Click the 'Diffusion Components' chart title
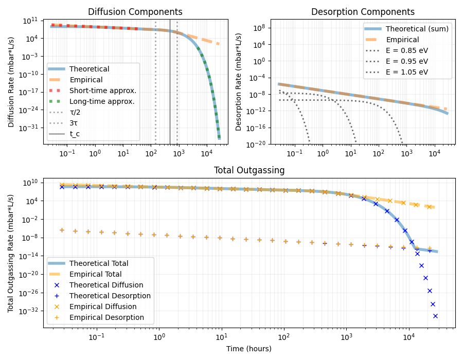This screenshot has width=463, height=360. tap(135, 12)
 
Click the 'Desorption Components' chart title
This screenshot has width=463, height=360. tap(363, 12)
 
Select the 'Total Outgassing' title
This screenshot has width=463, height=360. tap(249, 170)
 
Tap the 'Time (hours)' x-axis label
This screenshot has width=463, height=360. tap(249, 349)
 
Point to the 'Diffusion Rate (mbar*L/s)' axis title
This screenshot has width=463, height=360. tap(11, 80)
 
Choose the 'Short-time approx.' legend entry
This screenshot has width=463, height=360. tap(103, 91)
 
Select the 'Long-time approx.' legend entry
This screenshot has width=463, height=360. tap(102, 101)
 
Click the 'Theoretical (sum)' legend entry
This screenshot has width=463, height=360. tap(417, 29)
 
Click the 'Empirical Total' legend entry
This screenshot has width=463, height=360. tap(95, 274)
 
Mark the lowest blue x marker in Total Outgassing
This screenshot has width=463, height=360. tap(435, 316)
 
